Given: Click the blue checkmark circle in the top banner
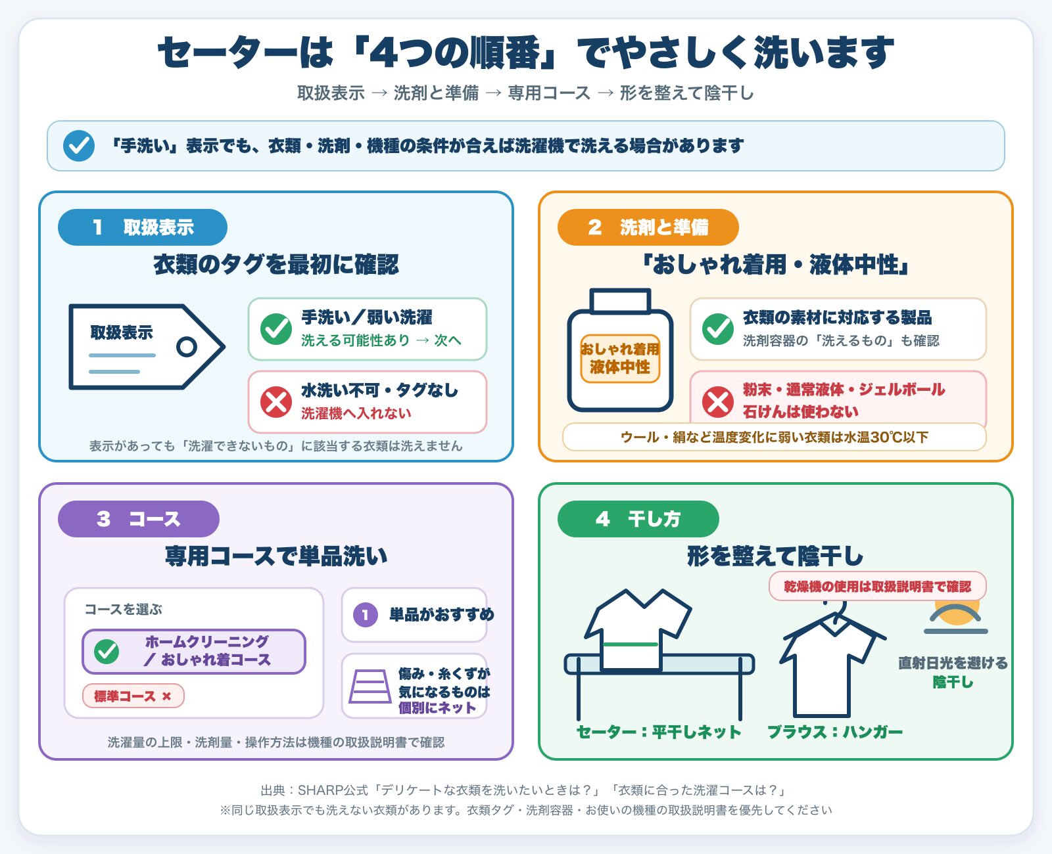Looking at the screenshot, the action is [x=79, y=146].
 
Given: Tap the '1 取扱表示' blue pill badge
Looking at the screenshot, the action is [x=142, y=227].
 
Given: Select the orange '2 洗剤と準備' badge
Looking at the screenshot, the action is [x=648, y=227].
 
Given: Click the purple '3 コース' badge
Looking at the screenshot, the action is [x=138, y=518].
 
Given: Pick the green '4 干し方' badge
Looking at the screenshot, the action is [x=638, y=518].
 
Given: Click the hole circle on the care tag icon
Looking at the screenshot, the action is [x=187, y=347].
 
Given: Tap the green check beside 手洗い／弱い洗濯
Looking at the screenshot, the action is [x=276, y=329].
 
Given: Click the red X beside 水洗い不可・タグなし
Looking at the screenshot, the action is [x=276, y=402].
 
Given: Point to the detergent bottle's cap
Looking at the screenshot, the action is [x=620, y=300].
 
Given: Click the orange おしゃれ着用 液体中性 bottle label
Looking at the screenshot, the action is [x=620, y=358].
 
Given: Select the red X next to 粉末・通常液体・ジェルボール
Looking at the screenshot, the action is [x=717, y=401].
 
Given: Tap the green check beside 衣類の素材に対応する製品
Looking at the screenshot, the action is [x=717, y=329].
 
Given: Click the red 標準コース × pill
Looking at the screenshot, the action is [x=133, y=696].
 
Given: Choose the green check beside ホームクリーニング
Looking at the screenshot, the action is [x=107, y=651].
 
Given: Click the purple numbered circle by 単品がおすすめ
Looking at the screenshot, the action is [x=366, y=615].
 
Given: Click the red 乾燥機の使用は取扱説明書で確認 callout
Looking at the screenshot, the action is [x=878, y=586].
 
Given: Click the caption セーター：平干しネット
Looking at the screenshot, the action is [x=659, y=732].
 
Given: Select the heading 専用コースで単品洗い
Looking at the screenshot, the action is [x=276, y=556].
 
